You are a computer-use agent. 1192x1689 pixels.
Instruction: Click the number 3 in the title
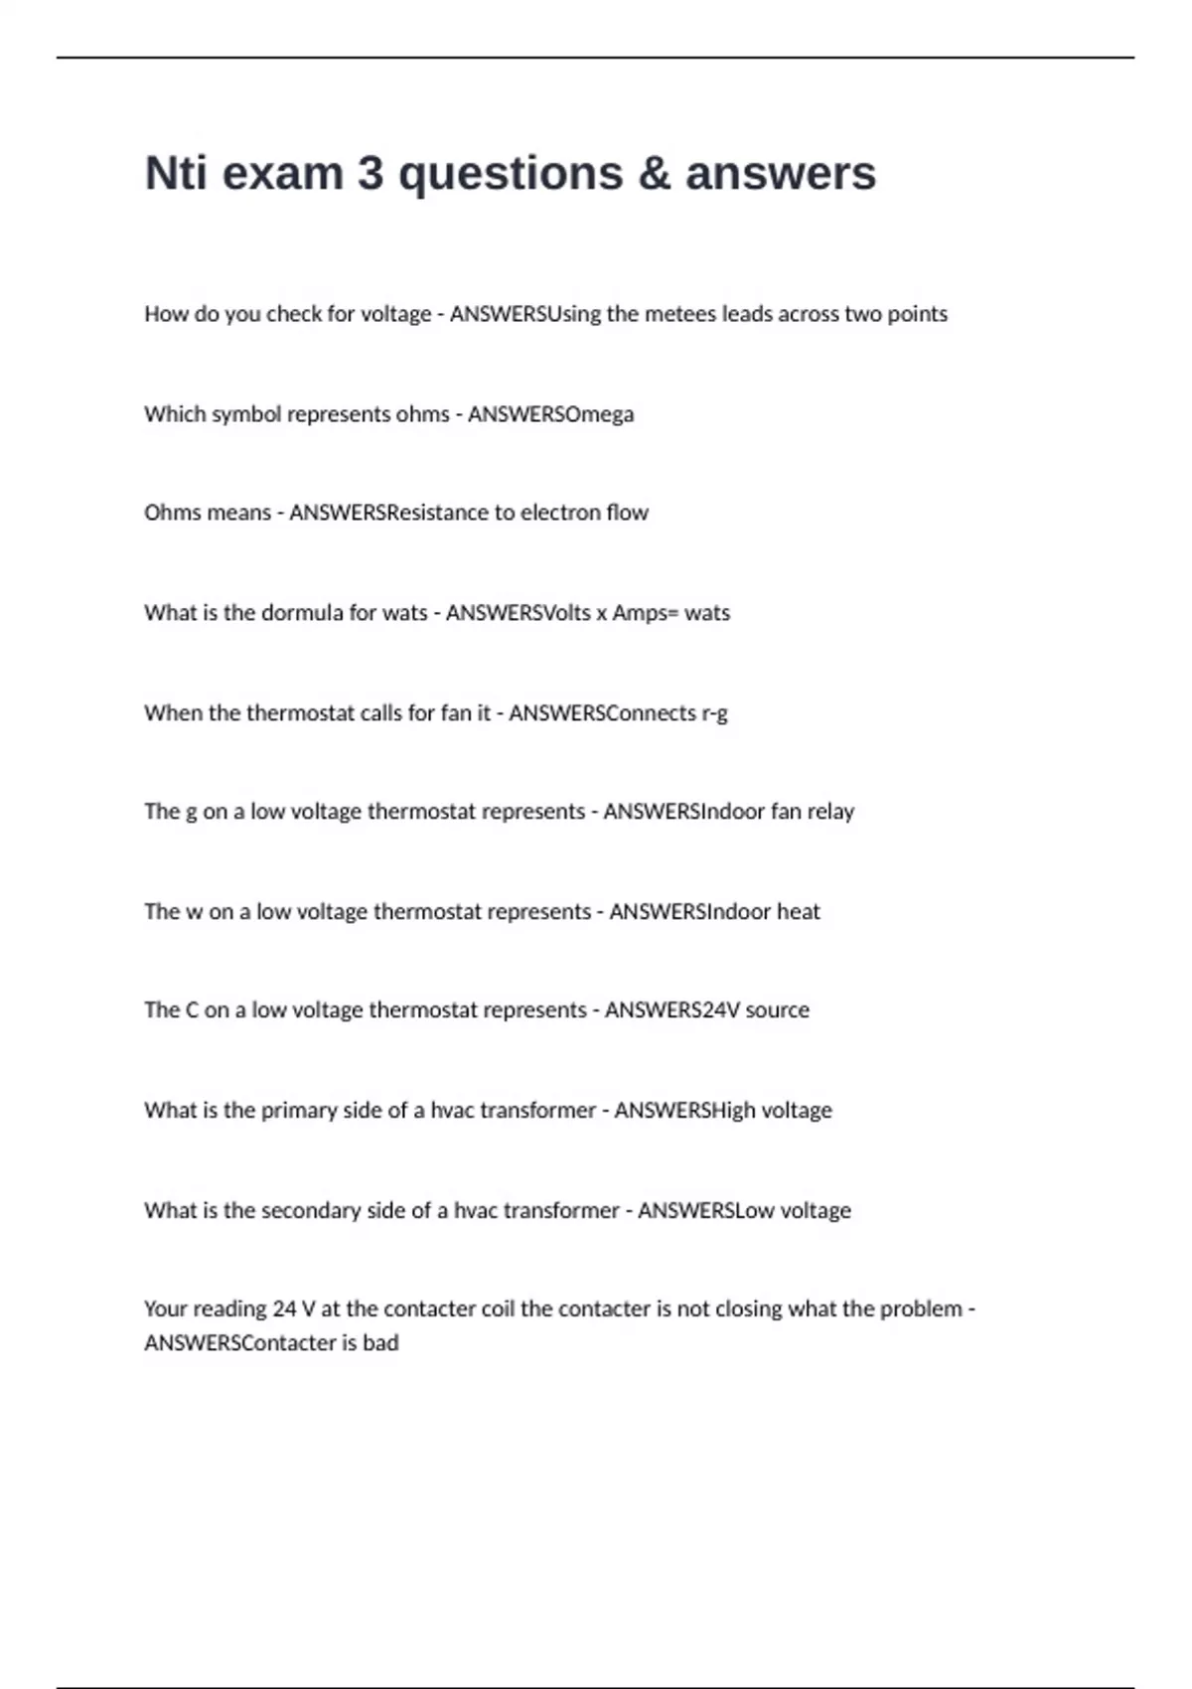point(370,173)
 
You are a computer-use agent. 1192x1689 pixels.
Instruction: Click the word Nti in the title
point(176,173)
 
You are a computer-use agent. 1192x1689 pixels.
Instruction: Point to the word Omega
point(600,414)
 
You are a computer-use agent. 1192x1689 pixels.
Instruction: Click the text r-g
point(714,713)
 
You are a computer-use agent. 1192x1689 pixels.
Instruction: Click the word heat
point(799,912)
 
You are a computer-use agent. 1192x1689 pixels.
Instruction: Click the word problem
point(923,1309)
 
